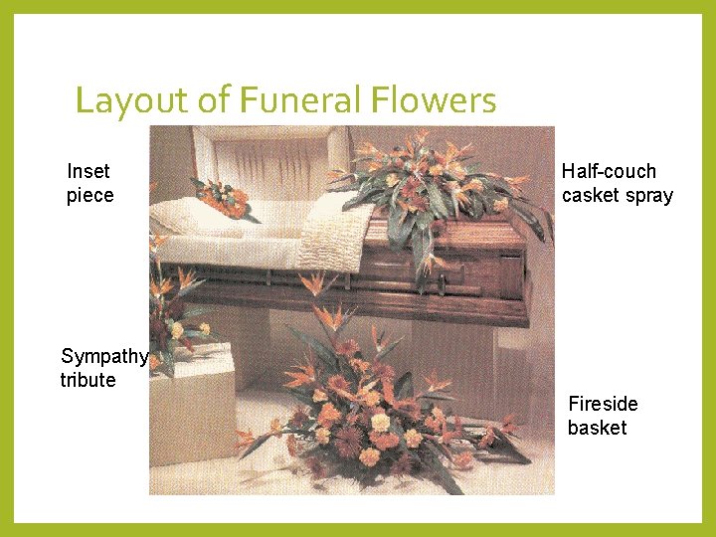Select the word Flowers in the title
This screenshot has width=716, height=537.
pos(434,100)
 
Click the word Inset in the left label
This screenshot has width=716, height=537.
pos(89,171)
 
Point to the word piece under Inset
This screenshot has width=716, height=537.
pos(89,195)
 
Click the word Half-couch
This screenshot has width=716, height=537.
pos(609,171)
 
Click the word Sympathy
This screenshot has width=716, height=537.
pos(104,357)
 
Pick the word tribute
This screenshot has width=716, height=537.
pos(88,380)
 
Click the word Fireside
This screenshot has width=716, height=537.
pos(603,404)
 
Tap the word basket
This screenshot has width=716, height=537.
pos(597,428)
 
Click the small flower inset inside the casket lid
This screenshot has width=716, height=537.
pos(224,198)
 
